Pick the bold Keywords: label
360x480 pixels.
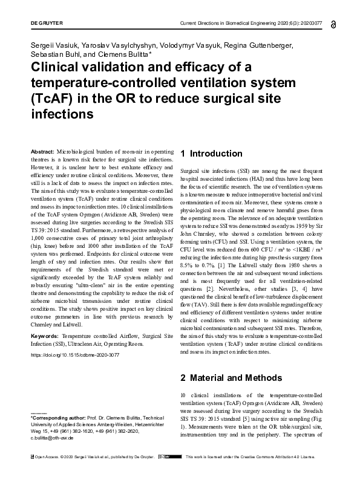(x=44, y=334)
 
